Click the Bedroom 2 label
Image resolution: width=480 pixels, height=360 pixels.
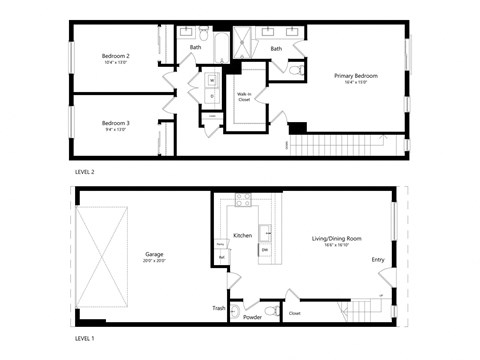coord(115,56)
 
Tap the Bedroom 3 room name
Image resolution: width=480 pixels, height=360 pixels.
coord(115,122)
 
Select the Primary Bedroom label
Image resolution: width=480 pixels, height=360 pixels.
coord(354,74)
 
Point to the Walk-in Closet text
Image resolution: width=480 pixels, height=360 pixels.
coord(244,97)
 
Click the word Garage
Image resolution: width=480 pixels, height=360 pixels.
coord(153,253)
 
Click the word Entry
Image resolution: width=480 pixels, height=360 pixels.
coord(378,260)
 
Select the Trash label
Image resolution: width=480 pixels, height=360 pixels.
coord(218,308)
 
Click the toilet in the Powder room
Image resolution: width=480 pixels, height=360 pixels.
coord(236,311)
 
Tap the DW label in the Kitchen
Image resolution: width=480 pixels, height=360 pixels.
coord(264,248)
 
